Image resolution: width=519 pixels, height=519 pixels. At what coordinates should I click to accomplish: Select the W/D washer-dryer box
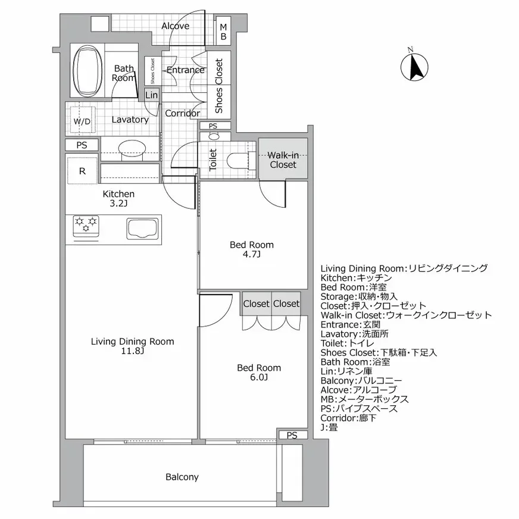tap(82, 121)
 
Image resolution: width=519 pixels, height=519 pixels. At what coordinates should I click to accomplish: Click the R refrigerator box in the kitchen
tap(82, 171)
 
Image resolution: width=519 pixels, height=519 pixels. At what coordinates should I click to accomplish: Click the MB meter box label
tap(223, 32)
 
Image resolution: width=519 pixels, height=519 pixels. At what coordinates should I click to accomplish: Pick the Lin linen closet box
tap(151, 95)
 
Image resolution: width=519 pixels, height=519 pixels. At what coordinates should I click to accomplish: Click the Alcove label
tap(176, 26)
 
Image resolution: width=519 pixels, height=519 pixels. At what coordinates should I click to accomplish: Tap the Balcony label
tap(182, 477)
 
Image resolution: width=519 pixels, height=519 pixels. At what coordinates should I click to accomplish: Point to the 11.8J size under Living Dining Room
tap(132, 351)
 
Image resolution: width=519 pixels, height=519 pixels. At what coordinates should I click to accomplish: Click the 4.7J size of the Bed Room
tap(251, 254)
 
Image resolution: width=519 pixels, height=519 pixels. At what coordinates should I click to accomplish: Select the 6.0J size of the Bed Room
tap(259, 377)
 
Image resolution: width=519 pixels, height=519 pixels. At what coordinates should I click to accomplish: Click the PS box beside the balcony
tap(291, 435)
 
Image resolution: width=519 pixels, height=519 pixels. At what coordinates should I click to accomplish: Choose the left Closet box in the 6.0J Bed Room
tap(256, 304)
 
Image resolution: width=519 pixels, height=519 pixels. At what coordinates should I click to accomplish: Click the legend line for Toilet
tap(347, 343)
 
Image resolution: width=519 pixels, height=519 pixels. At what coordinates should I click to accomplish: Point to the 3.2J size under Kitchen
tap(118, 204)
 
